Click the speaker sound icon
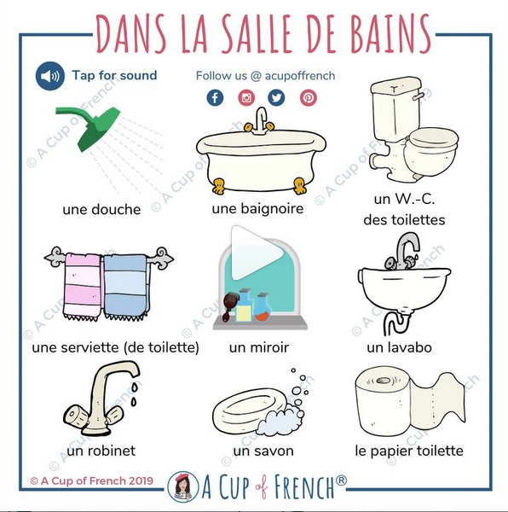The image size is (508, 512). pyautogui.click(x=50, y=76)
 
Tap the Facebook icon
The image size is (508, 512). pyautogui.click(x=215, y=97)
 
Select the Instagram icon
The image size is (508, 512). pyautogui.click(x=246, y=97)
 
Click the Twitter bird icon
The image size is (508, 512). pyautogui.click(x=276, y=97)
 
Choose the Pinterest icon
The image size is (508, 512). pyautogui.click(x=309, y=97)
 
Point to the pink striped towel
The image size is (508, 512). pyautogui.click(x=83, y=286)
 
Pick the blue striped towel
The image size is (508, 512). pyautogui.click(x=126, y=287)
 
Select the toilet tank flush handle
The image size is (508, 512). pyautogui.click(x=418, y=96)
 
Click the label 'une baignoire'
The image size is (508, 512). pyautogui.click(x=257, y=209)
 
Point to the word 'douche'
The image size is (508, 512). pyautogui.click(x=117, y=210)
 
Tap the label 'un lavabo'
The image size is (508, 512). pyautogui.click(x=399, y=347)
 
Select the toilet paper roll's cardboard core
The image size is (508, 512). pyautogui.click(x=383, y=381)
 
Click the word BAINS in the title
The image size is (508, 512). pyautogui.click(x=391, y=33)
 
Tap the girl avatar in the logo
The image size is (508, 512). pyautogui.click(x=183, y=486)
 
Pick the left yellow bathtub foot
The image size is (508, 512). pyautogui.click(x=218, y=186)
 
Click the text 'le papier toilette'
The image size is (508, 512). pyautogui.click(x=409, y=451)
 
